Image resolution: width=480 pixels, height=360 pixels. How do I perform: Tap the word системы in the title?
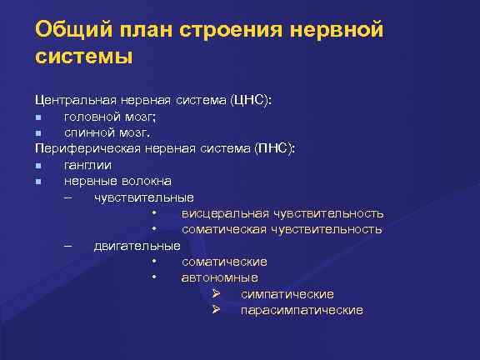(x=83, y=58)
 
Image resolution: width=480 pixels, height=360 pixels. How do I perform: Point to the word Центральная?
(x=72, y=101)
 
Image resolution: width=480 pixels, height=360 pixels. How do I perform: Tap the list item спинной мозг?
(x=106, y=132)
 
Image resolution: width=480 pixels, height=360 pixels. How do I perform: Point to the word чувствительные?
(x=143, y=197)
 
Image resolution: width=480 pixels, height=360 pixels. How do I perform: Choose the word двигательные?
(x=137, y=246)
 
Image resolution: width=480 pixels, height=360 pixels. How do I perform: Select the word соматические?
(x=224, y=262)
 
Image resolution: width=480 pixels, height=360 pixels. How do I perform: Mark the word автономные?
(x=219, y=277)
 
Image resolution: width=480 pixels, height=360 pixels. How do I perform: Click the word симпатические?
(x=287, y=294)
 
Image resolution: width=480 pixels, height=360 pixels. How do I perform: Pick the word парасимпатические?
(x=301, y=310)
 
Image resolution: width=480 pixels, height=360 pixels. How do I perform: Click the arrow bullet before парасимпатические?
(x=215, y=310)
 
